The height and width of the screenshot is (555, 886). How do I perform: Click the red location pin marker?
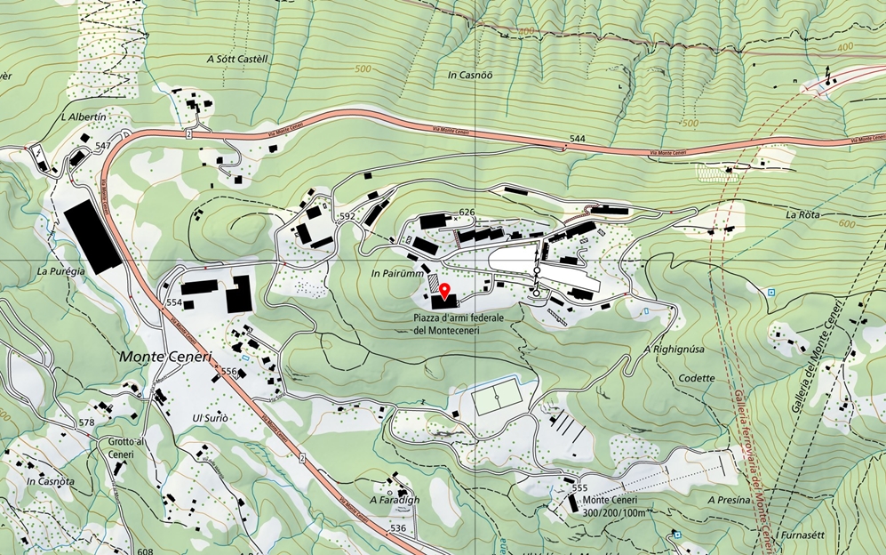[x=443, y=291]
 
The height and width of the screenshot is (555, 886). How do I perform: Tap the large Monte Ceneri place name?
[x=167, y=356]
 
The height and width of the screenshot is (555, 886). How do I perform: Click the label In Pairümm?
[x=395, y=274]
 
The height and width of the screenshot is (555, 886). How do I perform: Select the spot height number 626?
[x=467, y=212]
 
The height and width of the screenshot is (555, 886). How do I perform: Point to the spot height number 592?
[x=347, y=216]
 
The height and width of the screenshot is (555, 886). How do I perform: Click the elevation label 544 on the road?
[x=578, y=140]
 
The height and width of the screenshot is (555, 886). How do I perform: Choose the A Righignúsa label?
[x=674, y=350]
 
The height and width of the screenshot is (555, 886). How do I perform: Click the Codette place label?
[x=696, y=378]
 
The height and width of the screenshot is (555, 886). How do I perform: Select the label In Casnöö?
[x=470, y=76]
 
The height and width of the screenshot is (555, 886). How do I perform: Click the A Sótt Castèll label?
[x=237, y=59]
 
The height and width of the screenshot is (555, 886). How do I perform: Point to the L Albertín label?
[x=84, y=117]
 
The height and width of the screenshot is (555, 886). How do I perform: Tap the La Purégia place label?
[x=60, y=269]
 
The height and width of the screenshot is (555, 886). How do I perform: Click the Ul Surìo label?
[x=211, y=418]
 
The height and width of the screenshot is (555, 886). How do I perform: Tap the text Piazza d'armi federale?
[x=459, y=318]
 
